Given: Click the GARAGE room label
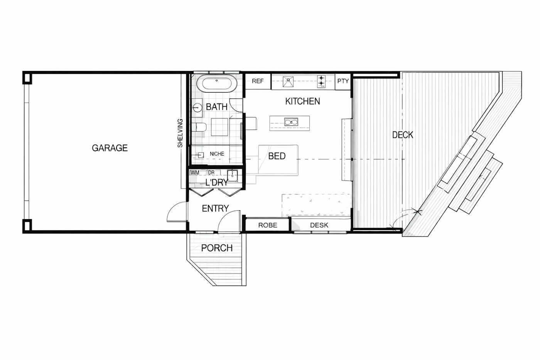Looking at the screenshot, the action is [x=110, y=148].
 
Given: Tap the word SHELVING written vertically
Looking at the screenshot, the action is [x=180, y=133].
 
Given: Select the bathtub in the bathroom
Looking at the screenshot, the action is [x=217, y=83].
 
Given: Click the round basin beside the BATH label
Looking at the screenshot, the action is [x=197, y=107].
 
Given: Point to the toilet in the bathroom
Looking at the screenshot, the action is [x=199, y=127].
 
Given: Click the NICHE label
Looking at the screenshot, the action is [x=217, y=154].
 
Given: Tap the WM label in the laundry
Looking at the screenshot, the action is [x=194, y=172].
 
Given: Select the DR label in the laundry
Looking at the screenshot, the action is [x=211, y=172].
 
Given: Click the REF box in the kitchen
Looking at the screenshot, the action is [x=258, y=81].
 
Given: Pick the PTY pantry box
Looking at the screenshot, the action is [x=343, y=81].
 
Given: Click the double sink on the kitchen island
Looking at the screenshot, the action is [x=291, y=122].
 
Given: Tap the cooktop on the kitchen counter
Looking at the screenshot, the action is [x=321, y=81].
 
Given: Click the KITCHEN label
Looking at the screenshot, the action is [x=302, y=101].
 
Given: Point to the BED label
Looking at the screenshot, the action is [x=277, y=156].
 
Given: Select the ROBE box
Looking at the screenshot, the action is [x=267, y=225].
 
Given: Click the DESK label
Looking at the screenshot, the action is [x=319, y=225].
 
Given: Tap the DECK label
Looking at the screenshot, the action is [x=403, y=135].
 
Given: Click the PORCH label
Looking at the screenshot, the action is [x=217, y=248].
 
